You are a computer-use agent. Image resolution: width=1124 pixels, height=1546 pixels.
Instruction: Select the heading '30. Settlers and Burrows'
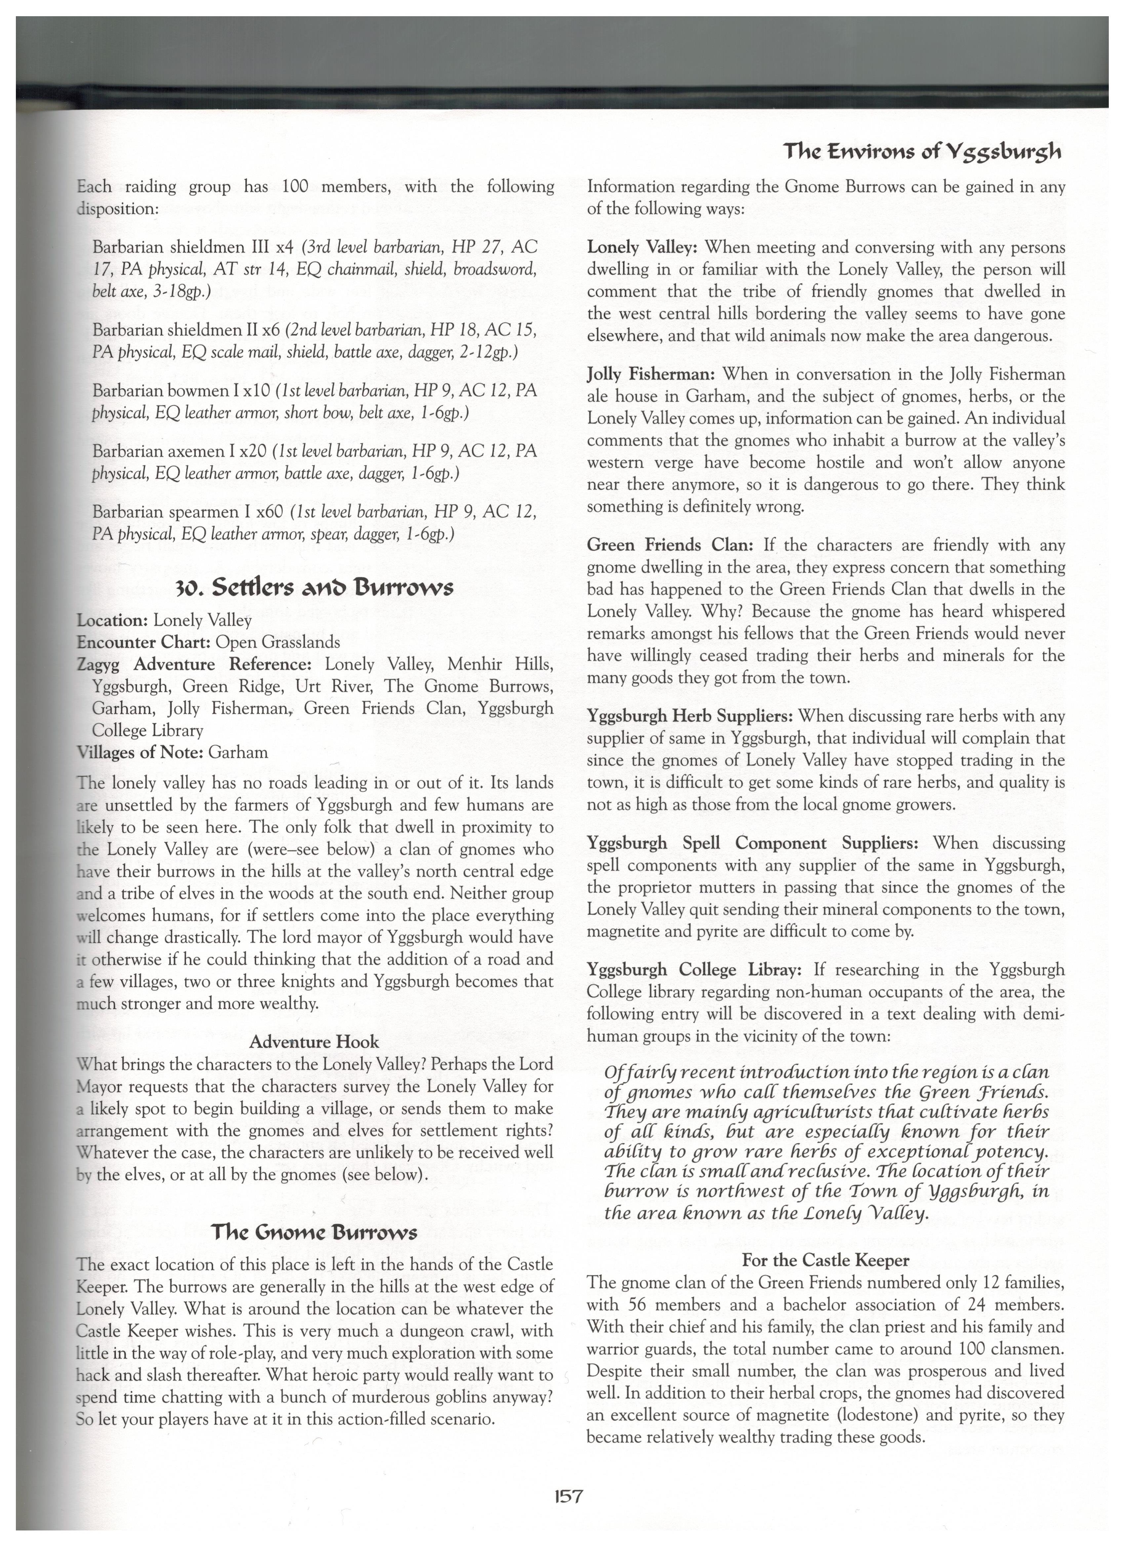(313, 587)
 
